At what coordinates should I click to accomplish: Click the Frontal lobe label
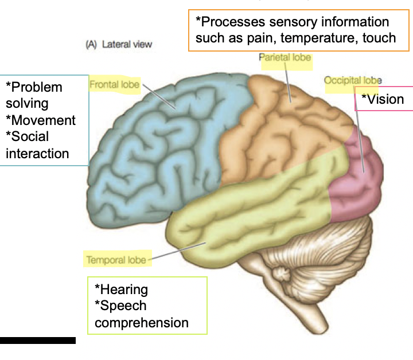pos(115,85)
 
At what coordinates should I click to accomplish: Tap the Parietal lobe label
pos(285,57)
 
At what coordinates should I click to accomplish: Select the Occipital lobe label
pos(353,80)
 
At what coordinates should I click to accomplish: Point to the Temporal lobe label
pos(116,260)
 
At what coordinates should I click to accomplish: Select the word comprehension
pos(142,323)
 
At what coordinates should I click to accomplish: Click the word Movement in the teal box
pos(44,120)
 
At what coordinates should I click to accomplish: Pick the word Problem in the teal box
pos(37,87)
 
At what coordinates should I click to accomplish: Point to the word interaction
pos(37,153)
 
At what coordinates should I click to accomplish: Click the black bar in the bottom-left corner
pos(38,340)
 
